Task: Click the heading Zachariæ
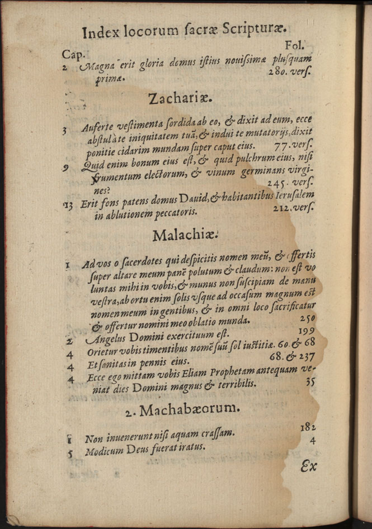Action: [x=181, y=99]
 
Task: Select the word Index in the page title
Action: [x=101, y=33]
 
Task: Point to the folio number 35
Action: [x=311, y=383]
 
